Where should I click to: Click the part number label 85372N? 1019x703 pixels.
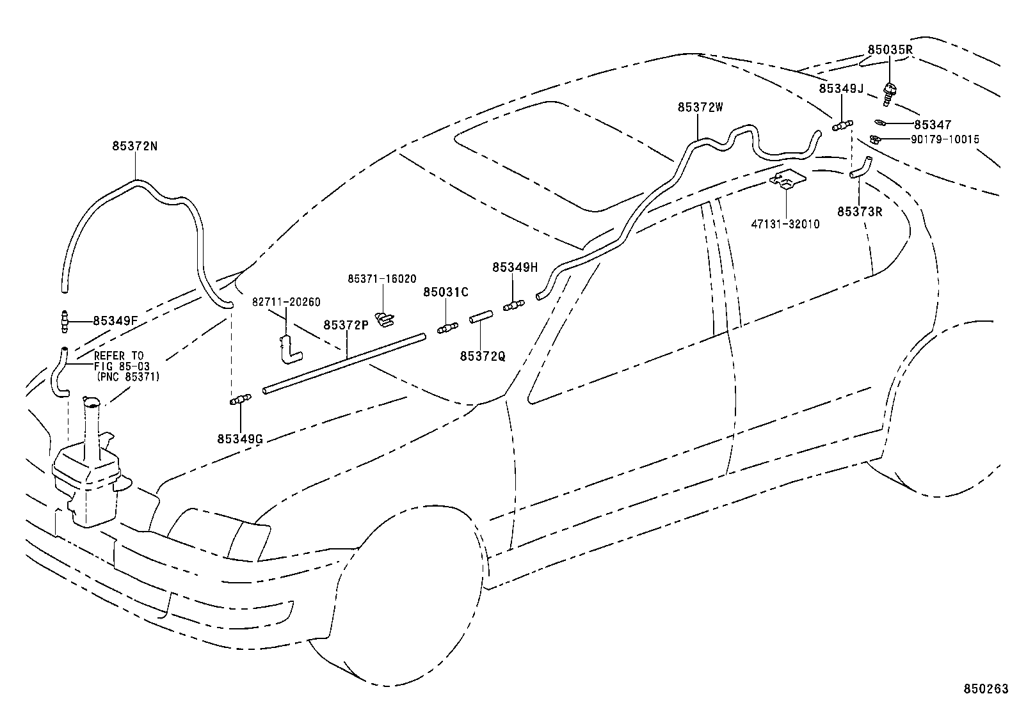click(x=135, y=146)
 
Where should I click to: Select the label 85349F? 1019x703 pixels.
click(x=115, y=320)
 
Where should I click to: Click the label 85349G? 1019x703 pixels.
click(x=240, y=439)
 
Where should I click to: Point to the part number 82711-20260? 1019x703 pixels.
click(x=286, y=302)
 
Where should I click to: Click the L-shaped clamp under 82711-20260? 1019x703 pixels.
click(x=290, y=349)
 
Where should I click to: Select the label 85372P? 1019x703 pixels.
click(x=346, y=325)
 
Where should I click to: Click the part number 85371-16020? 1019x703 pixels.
click(x=382, y=279)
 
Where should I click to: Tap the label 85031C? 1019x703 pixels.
click(x=445, y=292)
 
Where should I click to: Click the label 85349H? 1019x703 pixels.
click(x=515, y=267)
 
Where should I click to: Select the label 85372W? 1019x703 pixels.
click(x=700, y=107)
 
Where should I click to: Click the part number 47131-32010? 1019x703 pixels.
click(x=785, y=225)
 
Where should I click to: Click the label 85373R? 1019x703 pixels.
click(x=860, y=211)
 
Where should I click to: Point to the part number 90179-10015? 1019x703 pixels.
click(x=945, y=139)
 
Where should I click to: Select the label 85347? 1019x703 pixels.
click(x=933, y=125)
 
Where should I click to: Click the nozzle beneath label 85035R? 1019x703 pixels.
click(x=889, y=93)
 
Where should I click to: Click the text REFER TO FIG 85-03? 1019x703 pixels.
click(x=119, y=361)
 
